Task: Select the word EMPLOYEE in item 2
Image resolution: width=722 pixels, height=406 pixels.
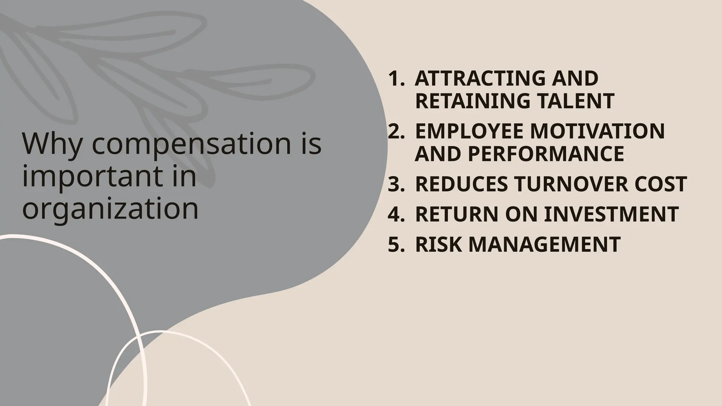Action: point(469,131)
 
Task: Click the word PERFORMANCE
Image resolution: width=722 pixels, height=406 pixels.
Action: point(546,154)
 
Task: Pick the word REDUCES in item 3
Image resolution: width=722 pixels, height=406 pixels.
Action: point(461,184)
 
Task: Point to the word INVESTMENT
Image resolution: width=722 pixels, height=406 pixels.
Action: point(611,214)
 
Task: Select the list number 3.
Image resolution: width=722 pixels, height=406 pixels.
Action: point(395,184)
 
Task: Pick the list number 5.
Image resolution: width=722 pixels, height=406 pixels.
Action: point(395,244)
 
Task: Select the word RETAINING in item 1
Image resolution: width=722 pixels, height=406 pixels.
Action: point(472,101)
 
